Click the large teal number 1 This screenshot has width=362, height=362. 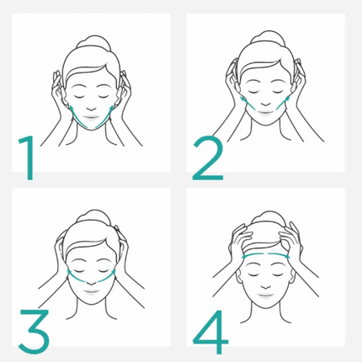pyautogui.click(x=28, y=157)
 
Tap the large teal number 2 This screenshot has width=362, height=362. pyautogui.click(x=208, y=157)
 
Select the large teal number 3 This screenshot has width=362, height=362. pyautogui.click(x=35, y=331)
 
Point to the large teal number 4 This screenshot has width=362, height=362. pyautogui.click(x=210, y=332)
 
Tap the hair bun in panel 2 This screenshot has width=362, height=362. pyautogui.click(x=268, y=37)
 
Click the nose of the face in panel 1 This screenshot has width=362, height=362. pyautogui.click(x=91, y=109)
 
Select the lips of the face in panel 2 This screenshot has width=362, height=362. pyautogui.click(x=265, y=113)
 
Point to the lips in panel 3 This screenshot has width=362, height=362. pyautogui.click(x=91, y=292)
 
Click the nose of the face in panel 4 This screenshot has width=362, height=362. pyautogui.click(x=265, y=287)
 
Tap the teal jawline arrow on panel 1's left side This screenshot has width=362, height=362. pyautogui.click(x=77, y=117)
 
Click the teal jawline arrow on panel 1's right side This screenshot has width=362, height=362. pyautogui.click(x=105, y=117)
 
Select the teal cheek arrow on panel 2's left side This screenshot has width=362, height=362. pyautogui.click(x=248, y=103)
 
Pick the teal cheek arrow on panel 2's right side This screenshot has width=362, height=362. pyautogui.click(x=283, y=103)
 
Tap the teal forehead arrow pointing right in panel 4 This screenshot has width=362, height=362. pyautogui.click(x=279, y=255)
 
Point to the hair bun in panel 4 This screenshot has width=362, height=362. pyautogui.click(x=269, y=216)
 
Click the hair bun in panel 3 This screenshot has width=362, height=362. pyautogui.click(x=93, y=216)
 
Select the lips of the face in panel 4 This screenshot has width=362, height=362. pyautogui.click(x=265, y=295)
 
